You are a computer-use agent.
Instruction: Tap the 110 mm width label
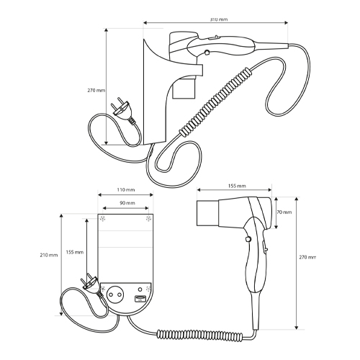tap(126, 190)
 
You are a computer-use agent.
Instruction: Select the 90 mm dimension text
tap(127, 203)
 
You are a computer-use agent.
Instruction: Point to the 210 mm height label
tap(49, 255)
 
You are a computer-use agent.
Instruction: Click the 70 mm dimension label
tap(284, 212)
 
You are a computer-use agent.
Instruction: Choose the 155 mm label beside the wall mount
tap(75, 252)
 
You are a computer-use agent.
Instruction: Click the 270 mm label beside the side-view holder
tap(96, 91)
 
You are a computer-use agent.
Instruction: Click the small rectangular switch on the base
tap(139, 298)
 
